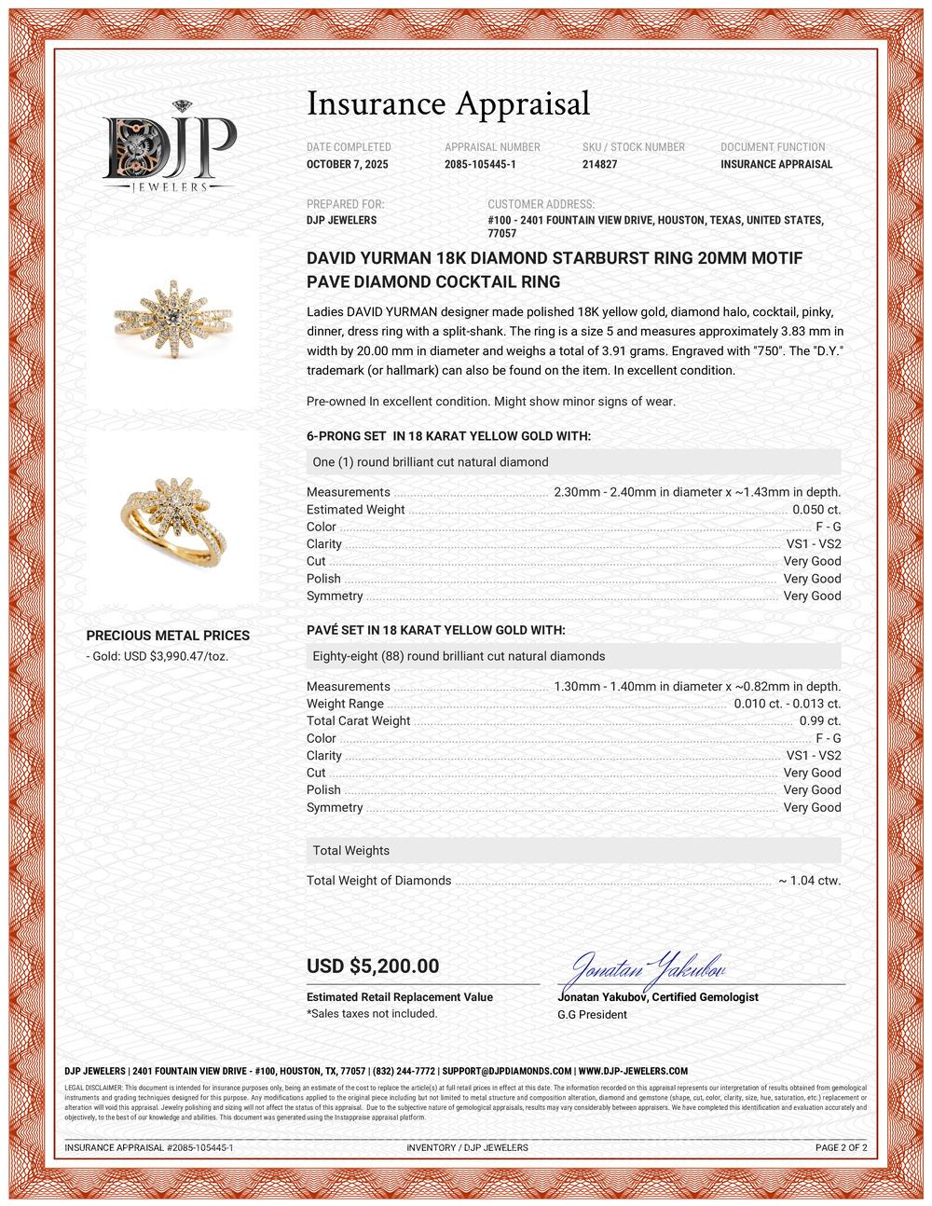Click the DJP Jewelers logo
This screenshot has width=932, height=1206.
click(x=169, y=146)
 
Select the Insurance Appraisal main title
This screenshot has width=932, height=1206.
click(x=448, y=103)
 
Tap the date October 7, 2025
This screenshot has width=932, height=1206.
click(x=348, y=164)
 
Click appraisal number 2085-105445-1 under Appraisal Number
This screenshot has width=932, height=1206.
click(x=480, y=164)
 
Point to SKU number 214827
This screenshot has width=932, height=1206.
click(x=599, y=164)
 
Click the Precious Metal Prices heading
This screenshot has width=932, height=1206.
click(x=168, y=636)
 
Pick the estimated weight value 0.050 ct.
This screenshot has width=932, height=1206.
click(x=815, y=510)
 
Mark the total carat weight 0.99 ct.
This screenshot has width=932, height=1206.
click(x=820, y=720)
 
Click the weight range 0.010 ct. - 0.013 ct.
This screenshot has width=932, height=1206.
click(x=787, y=704)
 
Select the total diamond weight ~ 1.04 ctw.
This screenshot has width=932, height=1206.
click(x=809, y=881)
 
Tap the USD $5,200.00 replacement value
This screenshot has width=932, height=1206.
click(x=373, y=966)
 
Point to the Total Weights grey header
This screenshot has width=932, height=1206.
click(x=573, y=851)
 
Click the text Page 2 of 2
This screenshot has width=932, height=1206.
click(x=841, y=1147)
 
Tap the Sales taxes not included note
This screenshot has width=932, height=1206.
click(x=372, y=1013)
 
